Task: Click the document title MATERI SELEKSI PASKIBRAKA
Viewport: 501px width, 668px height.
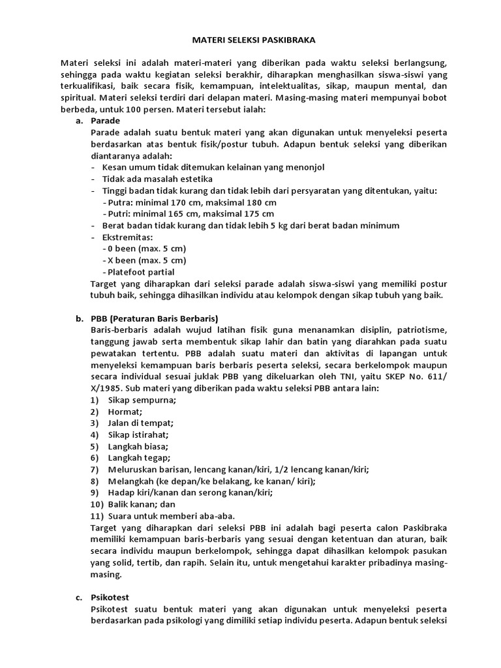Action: [x=253, y=40]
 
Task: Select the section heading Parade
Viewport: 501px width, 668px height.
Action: [x=105, y=121]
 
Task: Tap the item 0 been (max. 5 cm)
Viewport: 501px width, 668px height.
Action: [x=144, y=249]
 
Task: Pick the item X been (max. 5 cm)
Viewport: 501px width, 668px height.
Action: [x=144, y=260]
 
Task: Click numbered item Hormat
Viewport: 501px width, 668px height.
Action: [x=125, y=412]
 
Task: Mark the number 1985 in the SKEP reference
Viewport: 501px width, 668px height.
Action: [x=110, y=388]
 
